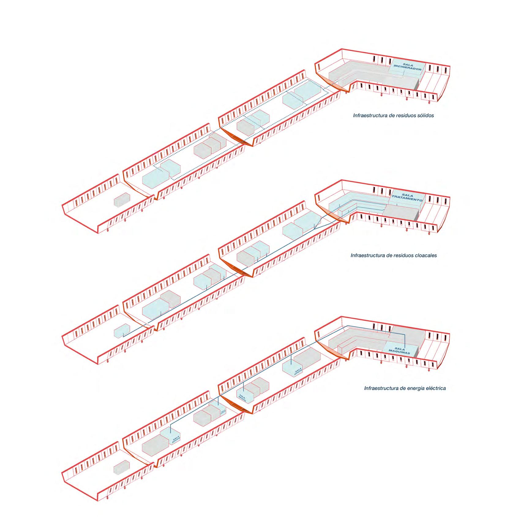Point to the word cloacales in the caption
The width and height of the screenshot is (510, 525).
426,255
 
